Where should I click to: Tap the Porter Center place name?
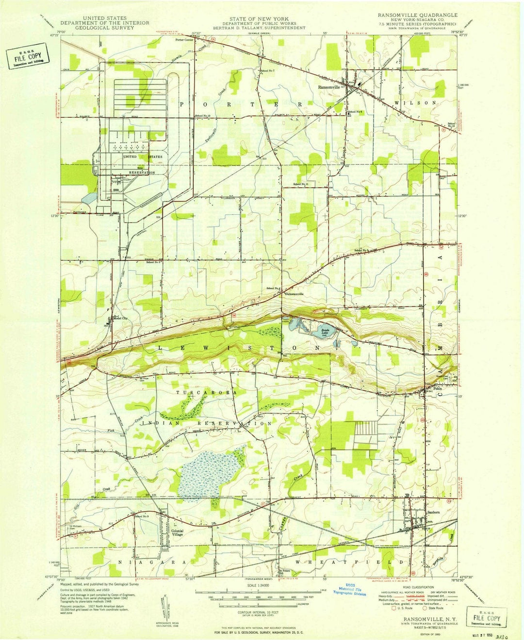[184, 40]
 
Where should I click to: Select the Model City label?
[120, 319]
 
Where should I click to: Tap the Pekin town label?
[438, 389]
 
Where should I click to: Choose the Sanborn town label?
[433, 512]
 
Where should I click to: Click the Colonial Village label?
[177, 532]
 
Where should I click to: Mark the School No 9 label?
[142, 516]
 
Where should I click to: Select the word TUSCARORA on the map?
[207, 392]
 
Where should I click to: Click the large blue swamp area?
[209, 473]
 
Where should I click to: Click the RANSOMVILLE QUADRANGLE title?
[417, 15]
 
